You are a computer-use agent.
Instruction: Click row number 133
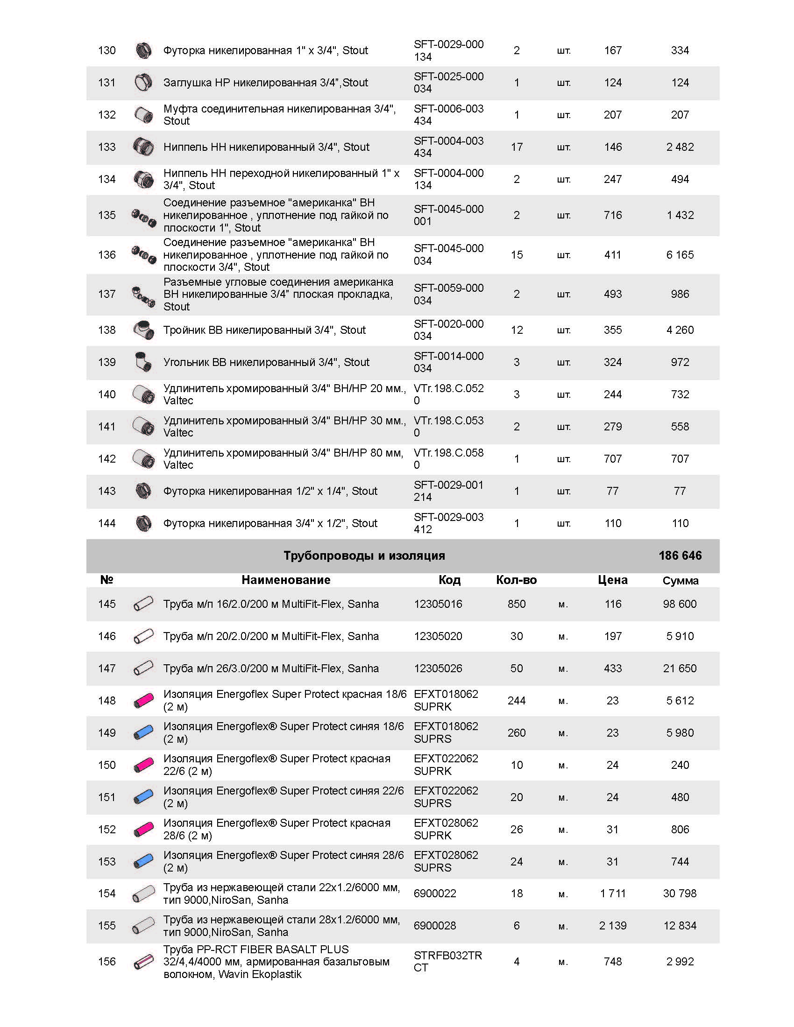pos(107,147)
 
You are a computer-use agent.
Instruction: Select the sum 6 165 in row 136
pos(680,255)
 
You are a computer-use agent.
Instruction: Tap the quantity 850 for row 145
pos(517,604)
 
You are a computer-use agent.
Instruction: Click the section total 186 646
pos(680,556)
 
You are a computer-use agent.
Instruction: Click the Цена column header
pos(612,580)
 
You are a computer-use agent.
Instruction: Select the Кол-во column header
pos(517,580)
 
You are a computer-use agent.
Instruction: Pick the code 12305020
pos(438,636)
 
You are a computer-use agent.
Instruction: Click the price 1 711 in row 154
pos(612,893)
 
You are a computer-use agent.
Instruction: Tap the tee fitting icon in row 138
pos(143,330)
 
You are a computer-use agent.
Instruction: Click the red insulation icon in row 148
pos(143,701)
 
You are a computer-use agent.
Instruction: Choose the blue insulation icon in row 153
pos(143,861)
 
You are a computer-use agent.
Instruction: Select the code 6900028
pos(435,925)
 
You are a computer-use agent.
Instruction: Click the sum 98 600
pos(680,604)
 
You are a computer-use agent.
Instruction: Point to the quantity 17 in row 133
pos(517,147)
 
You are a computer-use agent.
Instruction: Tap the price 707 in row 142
pos(612,459)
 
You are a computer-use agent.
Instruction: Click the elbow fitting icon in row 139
pos(143,362)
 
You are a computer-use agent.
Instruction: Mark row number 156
pos(107,962)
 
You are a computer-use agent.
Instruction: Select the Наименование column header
pos(286,580)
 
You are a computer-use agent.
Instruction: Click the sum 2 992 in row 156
pos(680,962)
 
